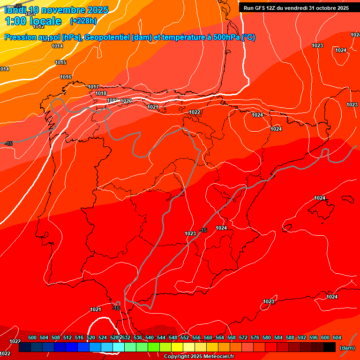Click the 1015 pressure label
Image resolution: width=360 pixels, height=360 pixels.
(x=60, y=62)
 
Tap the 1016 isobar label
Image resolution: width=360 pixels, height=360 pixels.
(x=66, y=77)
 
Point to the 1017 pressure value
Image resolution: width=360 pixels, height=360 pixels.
(x=93, y=87)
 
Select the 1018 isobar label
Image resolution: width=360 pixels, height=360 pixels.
(x=101, y=93)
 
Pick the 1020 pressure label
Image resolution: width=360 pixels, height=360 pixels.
(x=126, y=101)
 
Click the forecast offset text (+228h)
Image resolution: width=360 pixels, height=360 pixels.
(x=83, y=21)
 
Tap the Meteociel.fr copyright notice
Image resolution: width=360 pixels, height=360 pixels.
(x=199, y=357)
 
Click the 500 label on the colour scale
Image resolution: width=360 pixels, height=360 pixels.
(x=32, y=337)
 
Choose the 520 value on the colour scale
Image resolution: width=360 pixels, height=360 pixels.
(x=91, y=337)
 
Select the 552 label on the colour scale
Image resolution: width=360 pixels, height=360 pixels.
(x=185, y=337)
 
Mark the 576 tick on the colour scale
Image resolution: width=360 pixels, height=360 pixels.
(x=255, y=337)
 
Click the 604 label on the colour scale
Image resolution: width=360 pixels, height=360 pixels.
(x=337, y=337)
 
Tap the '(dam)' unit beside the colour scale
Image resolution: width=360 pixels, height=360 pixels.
(x=347, y=348)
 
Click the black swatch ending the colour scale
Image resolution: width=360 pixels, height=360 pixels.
(x=330, y=347)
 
